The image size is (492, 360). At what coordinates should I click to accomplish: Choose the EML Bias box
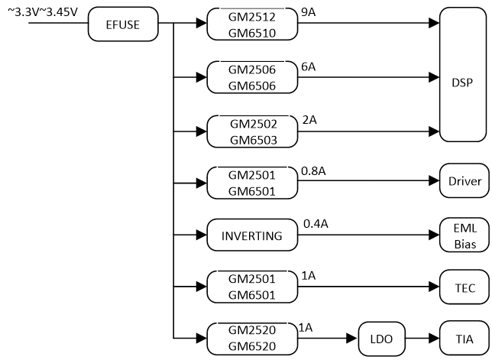coord(463,235)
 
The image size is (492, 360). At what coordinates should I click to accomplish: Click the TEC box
coord(463,287)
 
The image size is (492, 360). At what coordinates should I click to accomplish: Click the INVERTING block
coord(252,235)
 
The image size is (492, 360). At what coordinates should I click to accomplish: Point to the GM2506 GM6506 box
coord(252,77)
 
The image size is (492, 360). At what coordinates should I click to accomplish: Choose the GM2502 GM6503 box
coord(252,130)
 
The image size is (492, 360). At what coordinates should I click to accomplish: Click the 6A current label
coord(309,66)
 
